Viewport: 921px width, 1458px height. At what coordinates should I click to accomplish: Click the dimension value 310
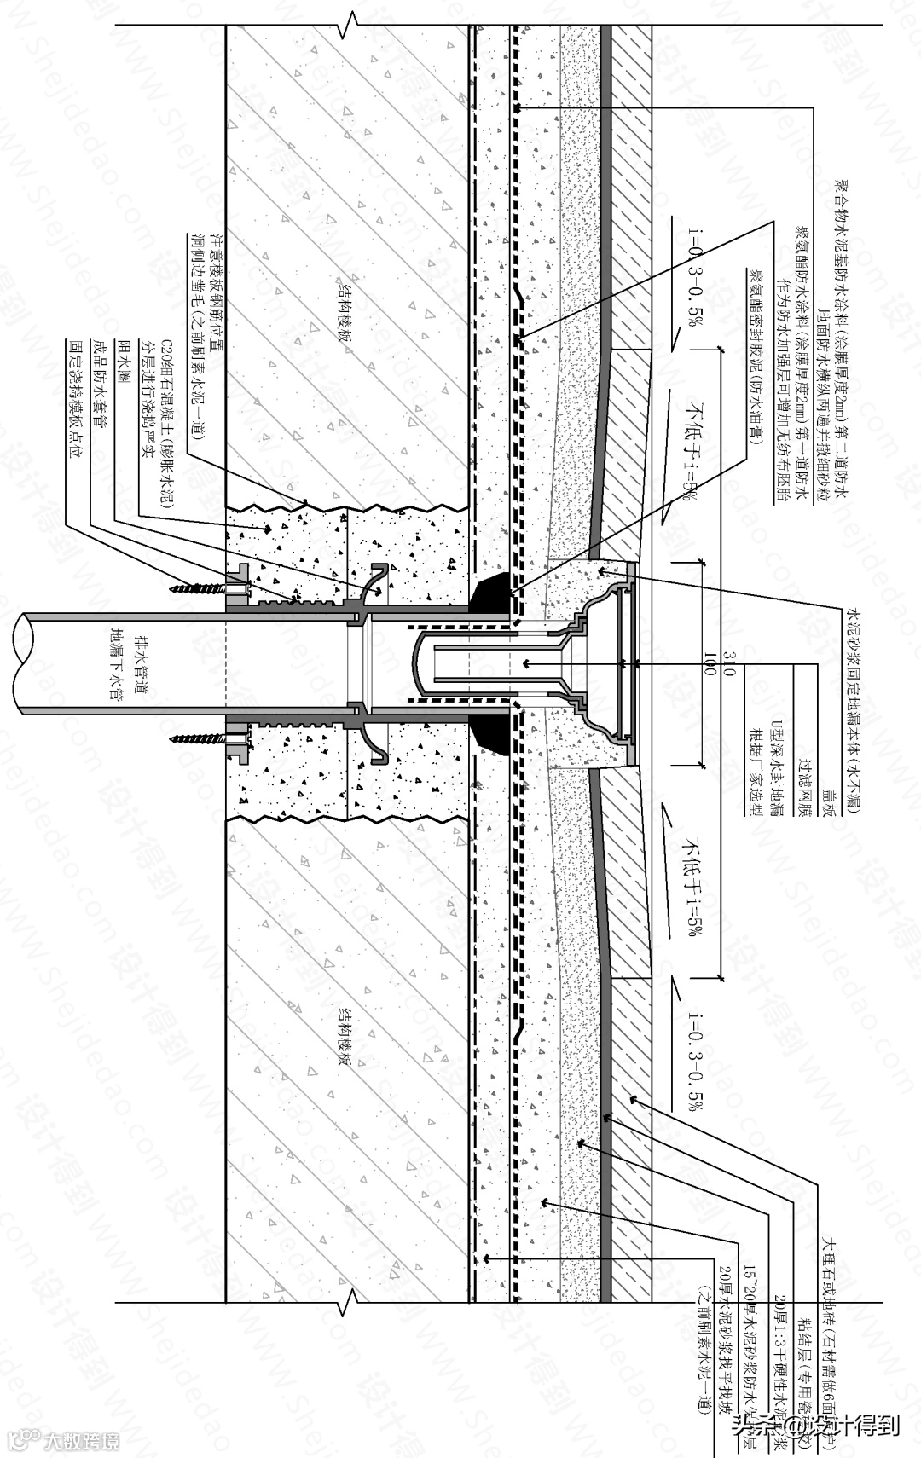[x=727, y=662]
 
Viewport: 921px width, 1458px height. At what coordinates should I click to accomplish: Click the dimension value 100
[x=709, y=662]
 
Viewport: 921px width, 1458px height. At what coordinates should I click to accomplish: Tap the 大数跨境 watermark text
[x=82, y=1442]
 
